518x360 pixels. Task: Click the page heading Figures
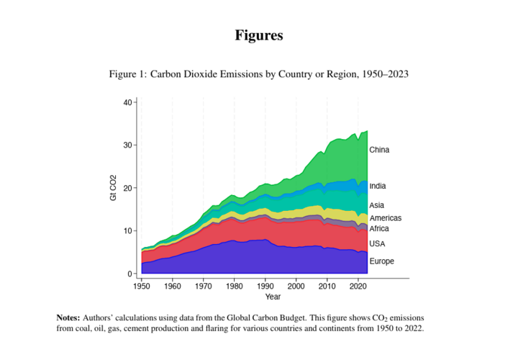[x=259, y=35]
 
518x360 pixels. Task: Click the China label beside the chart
[x=379, y=150]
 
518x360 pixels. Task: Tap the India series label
[x=377, y=186]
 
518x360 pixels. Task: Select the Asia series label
[x=376, y=205]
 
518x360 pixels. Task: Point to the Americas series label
[x=385, y=218]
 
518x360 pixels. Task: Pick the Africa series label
[x=379, y=229]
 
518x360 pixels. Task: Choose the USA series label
[x=377, y=244]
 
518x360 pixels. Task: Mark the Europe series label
[x=381, y=261]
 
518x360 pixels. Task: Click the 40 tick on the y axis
[x=128, y=102]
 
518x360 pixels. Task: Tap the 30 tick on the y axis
[x=128, y=145]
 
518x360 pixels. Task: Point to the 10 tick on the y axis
[x=128, y=231]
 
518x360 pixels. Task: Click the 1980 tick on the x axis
[x=235, y=287]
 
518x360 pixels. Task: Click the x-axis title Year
[x=273, y=297]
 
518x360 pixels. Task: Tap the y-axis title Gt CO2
[x=113, y=188]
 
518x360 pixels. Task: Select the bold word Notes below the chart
[x=68, y=318]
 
